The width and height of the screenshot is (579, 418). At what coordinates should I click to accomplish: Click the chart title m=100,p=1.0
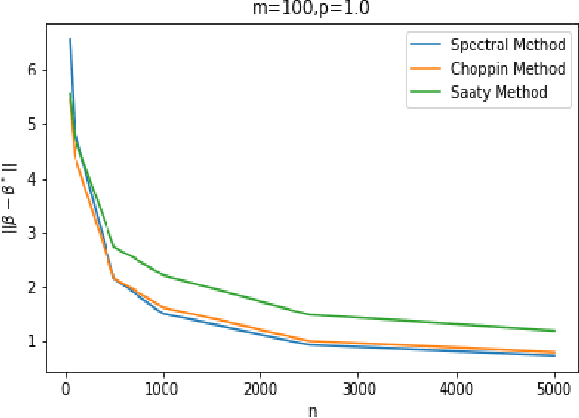[x=305, y=9]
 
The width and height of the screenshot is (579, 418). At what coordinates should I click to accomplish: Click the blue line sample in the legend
[x=425, y=45]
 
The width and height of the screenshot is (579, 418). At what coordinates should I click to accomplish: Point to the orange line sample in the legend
[x=425, y=69]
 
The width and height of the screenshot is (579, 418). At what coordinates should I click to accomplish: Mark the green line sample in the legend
[x=425, y=92]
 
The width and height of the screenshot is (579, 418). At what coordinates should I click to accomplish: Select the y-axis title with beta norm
[x=10, y=204]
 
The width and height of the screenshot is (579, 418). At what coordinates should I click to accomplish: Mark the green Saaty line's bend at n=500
[x=114, y=247]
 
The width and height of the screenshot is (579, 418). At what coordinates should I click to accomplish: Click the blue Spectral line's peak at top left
[x=70, y=39]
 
